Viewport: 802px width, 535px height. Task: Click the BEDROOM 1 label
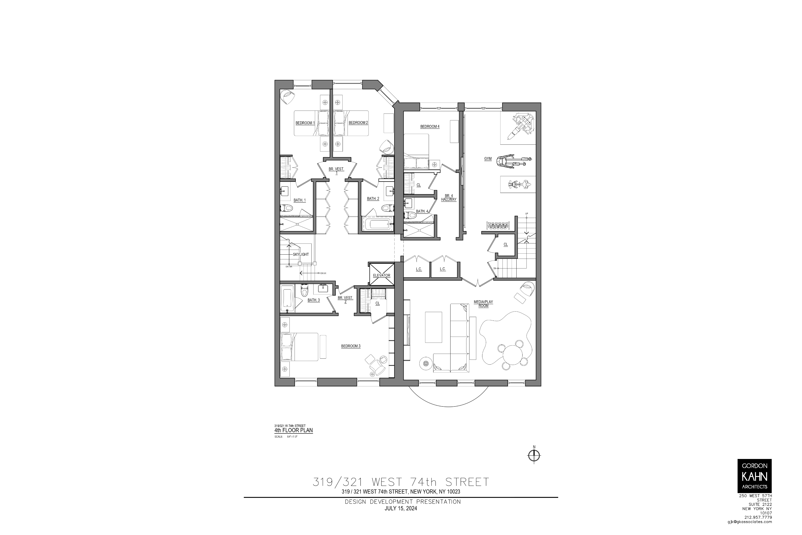(305, 123)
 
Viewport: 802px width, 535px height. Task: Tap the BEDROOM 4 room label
(430, 127)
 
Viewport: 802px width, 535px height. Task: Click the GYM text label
(488, 159)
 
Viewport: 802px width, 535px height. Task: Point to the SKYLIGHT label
(301, 255)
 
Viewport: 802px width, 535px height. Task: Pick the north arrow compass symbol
(534, 455)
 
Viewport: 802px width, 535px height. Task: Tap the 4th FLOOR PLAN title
(293, 430)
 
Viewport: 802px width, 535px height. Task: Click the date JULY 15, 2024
(401, 508)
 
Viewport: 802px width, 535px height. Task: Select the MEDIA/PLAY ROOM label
(483, 304)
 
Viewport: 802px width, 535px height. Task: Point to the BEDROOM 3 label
(351, 346)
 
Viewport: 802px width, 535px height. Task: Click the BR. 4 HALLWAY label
(448, 198)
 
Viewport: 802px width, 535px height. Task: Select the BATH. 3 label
(313, 300)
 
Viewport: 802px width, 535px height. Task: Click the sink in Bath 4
(408, 203)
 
